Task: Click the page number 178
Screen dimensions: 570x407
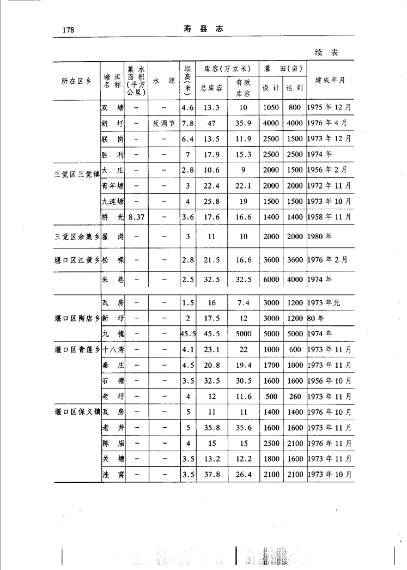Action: [68, 29]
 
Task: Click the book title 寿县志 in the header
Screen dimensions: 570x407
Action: [204, 29]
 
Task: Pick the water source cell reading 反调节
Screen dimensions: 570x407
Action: [163, 123]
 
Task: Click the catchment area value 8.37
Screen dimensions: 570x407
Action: [136, 217]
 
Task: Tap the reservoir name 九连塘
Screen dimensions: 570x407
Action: [113, 202]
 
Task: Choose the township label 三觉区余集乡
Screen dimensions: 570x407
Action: [77, 237]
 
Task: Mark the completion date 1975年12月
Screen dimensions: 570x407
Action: [329, 108]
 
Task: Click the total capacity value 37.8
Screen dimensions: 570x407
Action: [211, 475]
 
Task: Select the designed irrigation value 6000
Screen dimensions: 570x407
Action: [271, 280]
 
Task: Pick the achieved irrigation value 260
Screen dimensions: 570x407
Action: [294, 396]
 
